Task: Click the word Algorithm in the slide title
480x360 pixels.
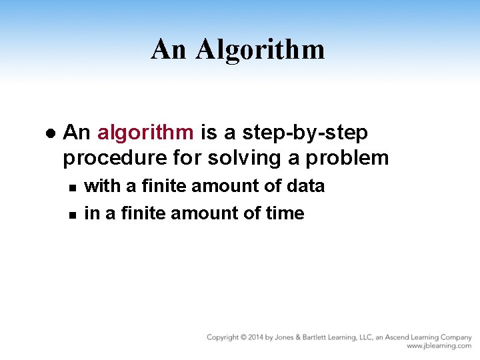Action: click(x=259, y=49)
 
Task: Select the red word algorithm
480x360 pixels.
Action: click(x=146, y=133)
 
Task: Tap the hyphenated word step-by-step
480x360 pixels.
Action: click(x=305, y=133)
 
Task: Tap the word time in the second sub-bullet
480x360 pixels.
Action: click(x=285, y=213)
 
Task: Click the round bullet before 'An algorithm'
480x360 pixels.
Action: click(x=49, y=133)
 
